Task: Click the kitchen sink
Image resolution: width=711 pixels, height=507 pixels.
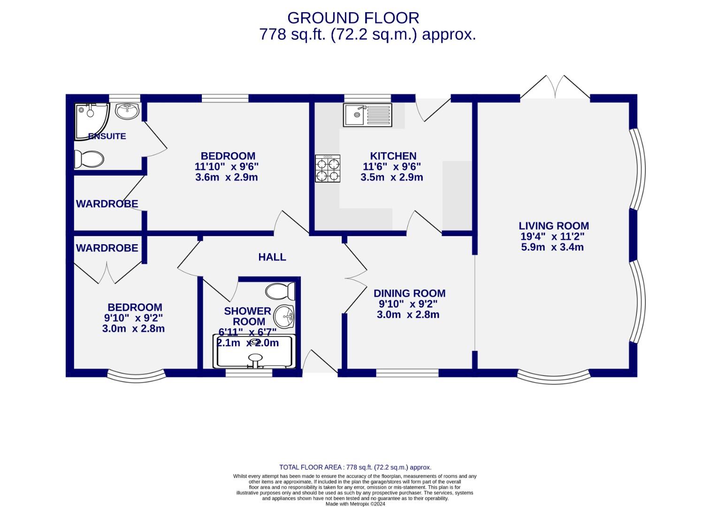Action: coord(367,115)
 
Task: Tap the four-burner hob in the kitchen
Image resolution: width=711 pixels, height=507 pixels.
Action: coord(328,169)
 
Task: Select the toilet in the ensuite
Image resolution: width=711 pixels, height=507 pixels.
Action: coord(89,159)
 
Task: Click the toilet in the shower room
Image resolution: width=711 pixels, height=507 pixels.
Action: coord(280,291)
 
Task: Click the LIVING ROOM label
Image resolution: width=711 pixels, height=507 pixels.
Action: coord(554,226)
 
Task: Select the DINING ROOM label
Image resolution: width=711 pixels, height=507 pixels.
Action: coord(409,293)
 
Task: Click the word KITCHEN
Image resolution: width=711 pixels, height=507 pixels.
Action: coord(393,156)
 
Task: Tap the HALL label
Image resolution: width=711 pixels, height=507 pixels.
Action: coord(272,257)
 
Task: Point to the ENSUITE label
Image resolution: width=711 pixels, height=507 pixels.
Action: coord(107,136)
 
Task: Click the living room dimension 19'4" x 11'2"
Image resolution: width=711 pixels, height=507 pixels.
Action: coord(552,237)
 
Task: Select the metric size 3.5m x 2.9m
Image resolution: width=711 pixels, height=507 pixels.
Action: coord(392,177)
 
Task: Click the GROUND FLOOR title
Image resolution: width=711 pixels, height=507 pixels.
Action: coord(353,18)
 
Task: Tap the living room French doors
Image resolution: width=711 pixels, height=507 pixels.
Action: coord(555,87)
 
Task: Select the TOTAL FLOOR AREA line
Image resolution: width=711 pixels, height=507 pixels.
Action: coord(355,467)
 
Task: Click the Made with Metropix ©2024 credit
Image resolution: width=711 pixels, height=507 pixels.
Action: coord(355,504)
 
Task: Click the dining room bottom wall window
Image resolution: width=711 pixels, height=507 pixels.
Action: coord(407,373)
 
